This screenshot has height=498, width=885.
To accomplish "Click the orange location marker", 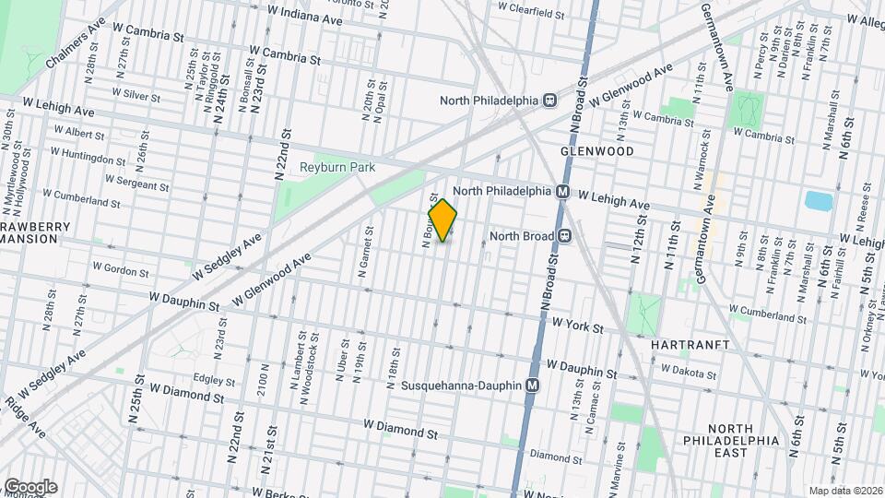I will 443,220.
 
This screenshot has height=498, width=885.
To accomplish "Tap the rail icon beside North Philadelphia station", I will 549,101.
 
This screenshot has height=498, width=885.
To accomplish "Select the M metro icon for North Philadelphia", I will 560,191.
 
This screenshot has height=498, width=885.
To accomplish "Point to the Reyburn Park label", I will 334,168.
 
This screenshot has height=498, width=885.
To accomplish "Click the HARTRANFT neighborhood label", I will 690,344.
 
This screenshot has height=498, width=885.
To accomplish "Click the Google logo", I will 29,486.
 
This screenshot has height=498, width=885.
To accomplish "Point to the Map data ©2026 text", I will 844,491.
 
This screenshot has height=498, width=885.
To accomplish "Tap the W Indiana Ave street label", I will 304,16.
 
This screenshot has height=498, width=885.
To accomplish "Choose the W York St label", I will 577,327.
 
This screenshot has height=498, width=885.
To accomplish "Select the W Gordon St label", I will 120,272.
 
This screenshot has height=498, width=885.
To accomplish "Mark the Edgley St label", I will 215,379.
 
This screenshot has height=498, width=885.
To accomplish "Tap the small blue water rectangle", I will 817,201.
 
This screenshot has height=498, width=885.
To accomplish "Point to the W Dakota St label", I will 687,372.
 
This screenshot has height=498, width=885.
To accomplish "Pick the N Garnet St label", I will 366,253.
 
